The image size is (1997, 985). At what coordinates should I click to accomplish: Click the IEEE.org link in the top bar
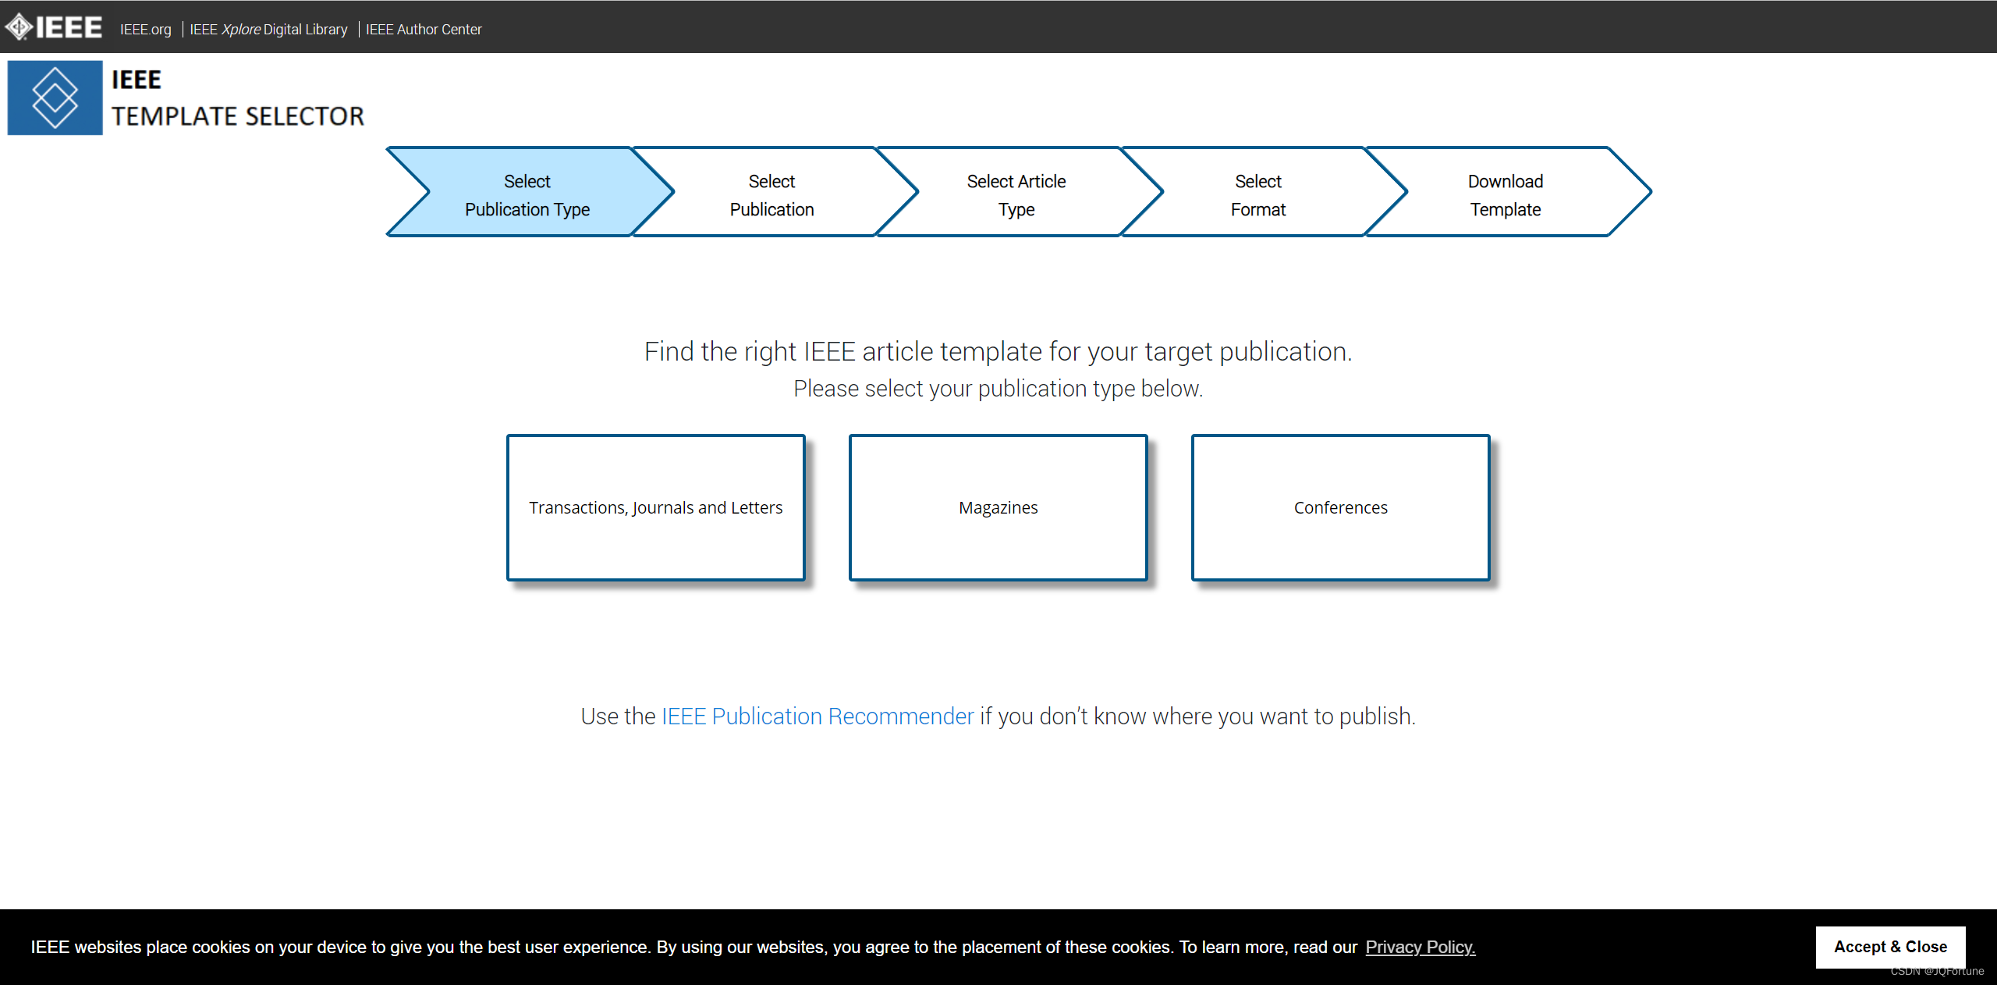coord(145,30)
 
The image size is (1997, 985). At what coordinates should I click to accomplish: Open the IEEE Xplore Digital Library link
coord(268,30)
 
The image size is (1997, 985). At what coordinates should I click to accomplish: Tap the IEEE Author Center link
coord(424,30)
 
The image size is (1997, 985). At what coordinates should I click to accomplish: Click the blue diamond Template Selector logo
coord(55,98)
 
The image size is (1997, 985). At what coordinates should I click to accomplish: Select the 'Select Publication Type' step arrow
coord(527,195)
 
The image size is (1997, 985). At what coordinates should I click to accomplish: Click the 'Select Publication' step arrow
coord(771,195)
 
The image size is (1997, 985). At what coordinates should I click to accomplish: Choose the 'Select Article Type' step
coord(1016,195)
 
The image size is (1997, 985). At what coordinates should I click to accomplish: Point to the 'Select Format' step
coord(1257,195)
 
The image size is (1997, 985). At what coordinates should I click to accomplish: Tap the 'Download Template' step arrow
coord(1505,195)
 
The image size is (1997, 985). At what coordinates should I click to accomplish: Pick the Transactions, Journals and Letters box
coord(655,507)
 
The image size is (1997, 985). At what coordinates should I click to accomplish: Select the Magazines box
coord(998,507)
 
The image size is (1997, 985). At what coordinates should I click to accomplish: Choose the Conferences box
coord(1340,507)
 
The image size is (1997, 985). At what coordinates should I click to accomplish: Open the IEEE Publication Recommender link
coord(818,716)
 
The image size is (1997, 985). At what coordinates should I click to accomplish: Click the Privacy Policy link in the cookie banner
coord(1420,947)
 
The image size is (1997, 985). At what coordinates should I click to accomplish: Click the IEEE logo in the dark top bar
coord(54,27)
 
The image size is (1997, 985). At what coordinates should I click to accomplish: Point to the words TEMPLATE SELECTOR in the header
coord(238,116)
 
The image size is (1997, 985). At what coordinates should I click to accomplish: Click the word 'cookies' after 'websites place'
coord(221,947)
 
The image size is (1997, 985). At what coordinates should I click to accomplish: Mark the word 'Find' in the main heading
coord(669,351)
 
